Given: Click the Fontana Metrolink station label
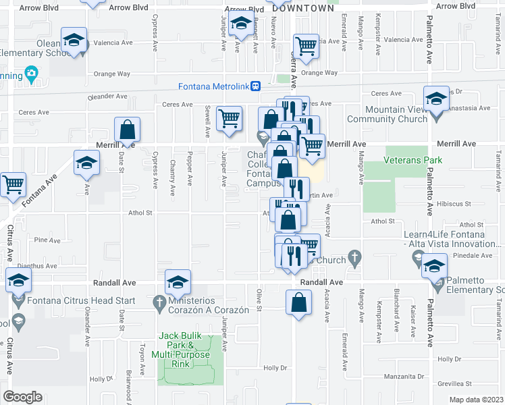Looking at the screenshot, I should [214, 86].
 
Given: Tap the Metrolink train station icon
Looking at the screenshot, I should [256, 86].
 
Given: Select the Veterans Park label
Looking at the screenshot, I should [413, 160].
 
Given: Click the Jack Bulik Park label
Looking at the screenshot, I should [185, 345].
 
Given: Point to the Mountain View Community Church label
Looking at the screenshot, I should [396, 114].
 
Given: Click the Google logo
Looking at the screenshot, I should [22, 397].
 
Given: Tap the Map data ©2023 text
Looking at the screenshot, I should [477, 400].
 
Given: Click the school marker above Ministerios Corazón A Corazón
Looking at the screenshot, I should [178, 281].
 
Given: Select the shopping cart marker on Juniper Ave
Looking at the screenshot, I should [230, 118].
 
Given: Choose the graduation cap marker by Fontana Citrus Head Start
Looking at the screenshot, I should [18, 279].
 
